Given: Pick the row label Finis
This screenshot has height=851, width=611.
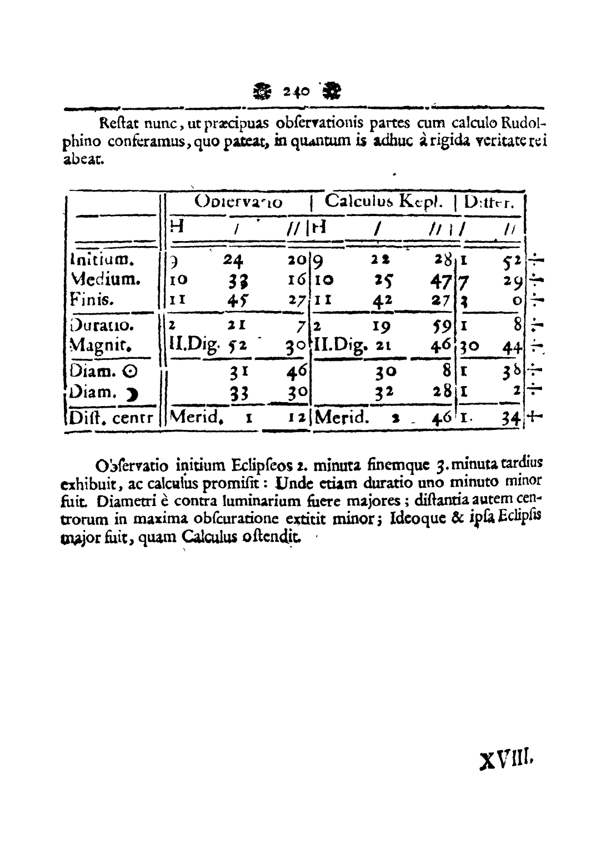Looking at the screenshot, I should tap(92, 300).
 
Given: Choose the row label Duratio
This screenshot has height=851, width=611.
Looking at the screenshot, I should tap(97, 324).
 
